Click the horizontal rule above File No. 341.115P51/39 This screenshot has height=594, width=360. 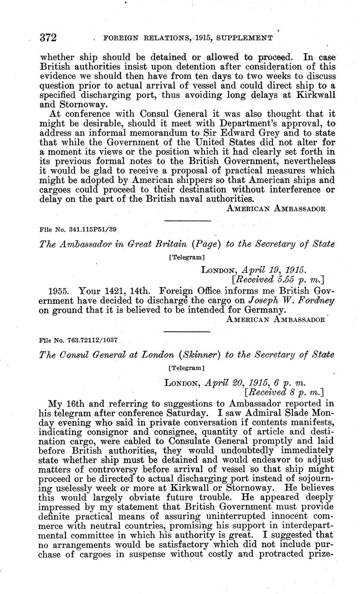pyautogui.click(x=188, y=221)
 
